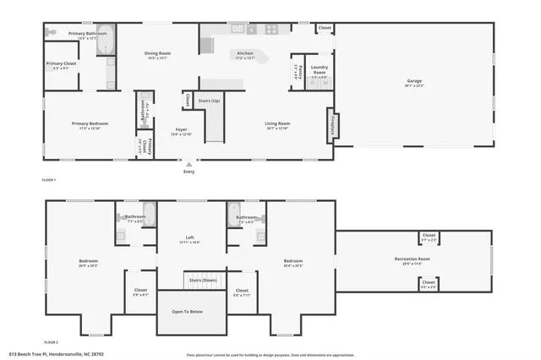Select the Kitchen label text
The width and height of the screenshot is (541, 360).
(x=244, y=53)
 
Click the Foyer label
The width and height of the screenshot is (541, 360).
(x=181, y=129)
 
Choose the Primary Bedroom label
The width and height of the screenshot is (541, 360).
(x=89, y=123)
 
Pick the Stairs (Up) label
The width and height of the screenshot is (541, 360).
(x=210, y=101)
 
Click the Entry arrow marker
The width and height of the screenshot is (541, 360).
(x=189, y=164)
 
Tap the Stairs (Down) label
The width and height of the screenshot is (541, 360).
(x=203, y=280)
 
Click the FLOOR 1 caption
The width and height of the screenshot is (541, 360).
(x=49, y=180)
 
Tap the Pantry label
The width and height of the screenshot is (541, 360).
(x=297, y=71)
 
